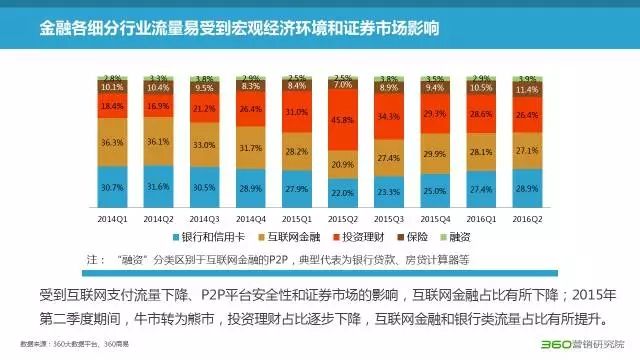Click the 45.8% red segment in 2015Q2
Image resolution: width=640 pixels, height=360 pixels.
343,121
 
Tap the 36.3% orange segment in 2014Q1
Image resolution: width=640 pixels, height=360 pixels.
111,143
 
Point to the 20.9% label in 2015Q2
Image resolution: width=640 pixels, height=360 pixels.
343,165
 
